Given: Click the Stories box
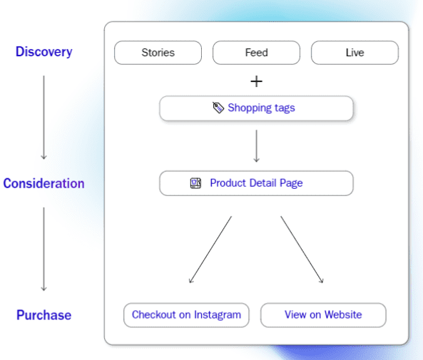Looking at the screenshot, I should coord(158,53).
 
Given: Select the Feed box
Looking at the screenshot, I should coord(256,53).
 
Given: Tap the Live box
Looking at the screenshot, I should coord(355,53).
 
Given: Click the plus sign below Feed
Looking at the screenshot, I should coord(256,81).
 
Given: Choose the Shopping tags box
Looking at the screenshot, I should coord(256,108).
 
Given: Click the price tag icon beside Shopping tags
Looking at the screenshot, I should coord(218,108).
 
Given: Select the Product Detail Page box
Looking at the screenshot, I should coord(256,183).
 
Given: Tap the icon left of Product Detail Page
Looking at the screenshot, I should coord(195,183).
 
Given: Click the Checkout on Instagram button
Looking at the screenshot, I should coord(186,315).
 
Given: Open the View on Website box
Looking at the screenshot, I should coord(323,315).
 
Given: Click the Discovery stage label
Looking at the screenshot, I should coord(44,52).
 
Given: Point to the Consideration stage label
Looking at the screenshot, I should coord(44,184).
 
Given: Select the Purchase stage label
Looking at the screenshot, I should coord(44,315).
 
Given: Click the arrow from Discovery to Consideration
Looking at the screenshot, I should coord(44,118).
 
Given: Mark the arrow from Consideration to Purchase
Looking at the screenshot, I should coord(44,250).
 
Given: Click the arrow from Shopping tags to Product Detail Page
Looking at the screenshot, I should coord(256,146).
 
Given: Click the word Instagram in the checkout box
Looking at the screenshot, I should coord(215,315).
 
